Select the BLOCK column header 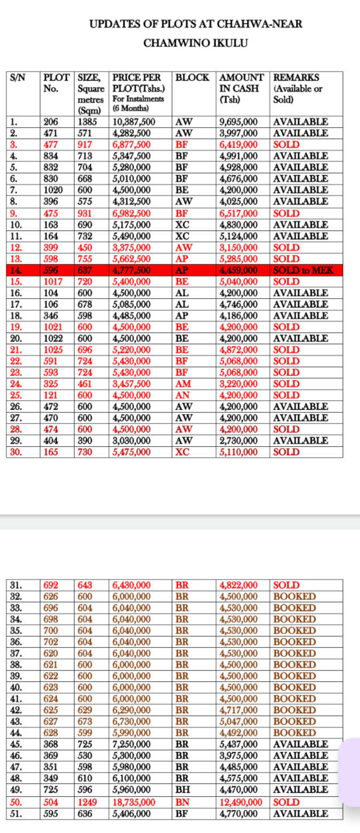(x=192, y=77)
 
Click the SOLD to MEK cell (x=303, y=270)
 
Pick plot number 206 (x=51, y=121)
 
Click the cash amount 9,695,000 (x=240, y=121)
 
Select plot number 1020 (x=53, y=190)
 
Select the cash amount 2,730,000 (x=240, y=441)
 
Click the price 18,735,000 (x=134, y=802)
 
